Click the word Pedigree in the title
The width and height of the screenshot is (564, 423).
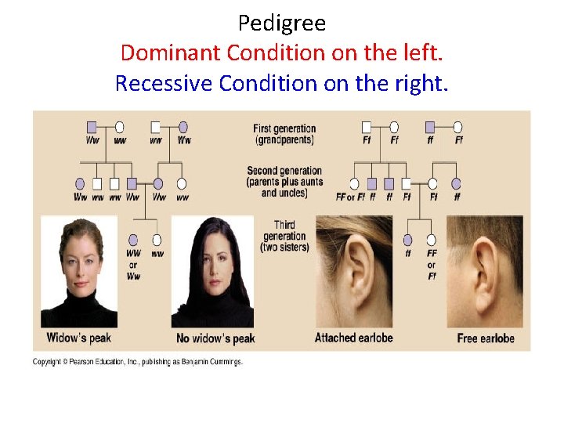tap(281, 23)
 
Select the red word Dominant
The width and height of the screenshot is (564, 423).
tap(171, 53)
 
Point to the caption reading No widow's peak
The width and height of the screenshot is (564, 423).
tap(216, 338)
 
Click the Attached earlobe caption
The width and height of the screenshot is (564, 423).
tap(354, 338)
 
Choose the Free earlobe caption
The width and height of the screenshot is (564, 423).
tap(486, 338)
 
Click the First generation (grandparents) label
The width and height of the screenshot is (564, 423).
tap(284, 134)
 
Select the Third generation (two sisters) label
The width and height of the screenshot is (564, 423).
tap(284, 237)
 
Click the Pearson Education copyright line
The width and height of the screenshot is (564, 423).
tap(138, 362)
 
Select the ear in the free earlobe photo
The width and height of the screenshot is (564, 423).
tap(487, 270)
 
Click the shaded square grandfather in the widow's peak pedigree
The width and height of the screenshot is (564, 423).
tap(92, 127)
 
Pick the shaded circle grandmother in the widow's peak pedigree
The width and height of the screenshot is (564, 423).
tap(183, 127)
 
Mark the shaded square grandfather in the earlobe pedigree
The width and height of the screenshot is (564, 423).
tap(429, 127)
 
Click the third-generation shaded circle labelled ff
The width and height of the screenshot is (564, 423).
tap(407, 240)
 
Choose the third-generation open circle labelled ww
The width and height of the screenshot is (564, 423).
tap(157, 240)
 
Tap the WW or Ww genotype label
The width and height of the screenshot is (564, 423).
tap(133, 265)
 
